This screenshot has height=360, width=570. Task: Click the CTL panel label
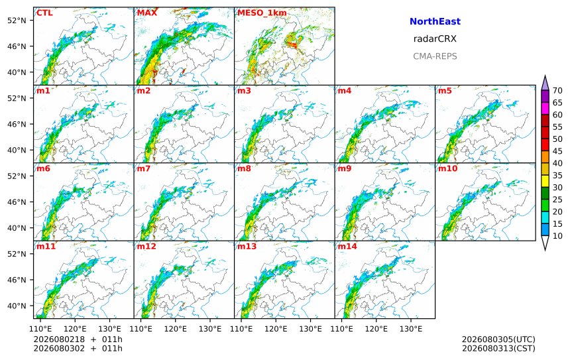(44, 13)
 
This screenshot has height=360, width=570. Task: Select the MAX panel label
(147, 13)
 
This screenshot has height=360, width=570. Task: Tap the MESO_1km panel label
(262, 13)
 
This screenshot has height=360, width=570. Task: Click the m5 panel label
(445, 91)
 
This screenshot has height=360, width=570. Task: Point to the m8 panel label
(244, 168)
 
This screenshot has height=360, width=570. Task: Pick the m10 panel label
(447, 168)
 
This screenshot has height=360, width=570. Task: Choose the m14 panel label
(347, 247)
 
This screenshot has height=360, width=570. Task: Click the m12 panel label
(146, 247)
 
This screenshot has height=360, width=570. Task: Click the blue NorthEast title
(435, 21)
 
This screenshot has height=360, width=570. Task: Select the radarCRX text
(435, 39)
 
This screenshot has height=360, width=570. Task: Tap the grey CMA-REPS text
(435, 56)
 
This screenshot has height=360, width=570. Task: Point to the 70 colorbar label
(557, 91)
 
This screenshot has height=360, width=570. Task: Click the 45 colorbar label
(557, 151)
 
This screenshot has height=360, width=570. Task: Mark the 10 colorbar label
(557, 236)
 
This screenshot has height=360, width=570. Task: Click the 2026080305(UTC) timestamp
(498, 339)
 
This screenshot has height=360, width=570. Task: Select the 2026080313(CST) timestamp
(498, 348)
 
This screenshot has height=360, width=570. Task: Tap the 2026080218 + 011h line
(78, 339)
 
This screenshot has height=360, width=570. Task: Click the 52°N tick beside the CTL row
(17, 21)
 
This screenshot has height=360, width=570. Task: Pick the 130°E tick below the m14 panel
(411, 329)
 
